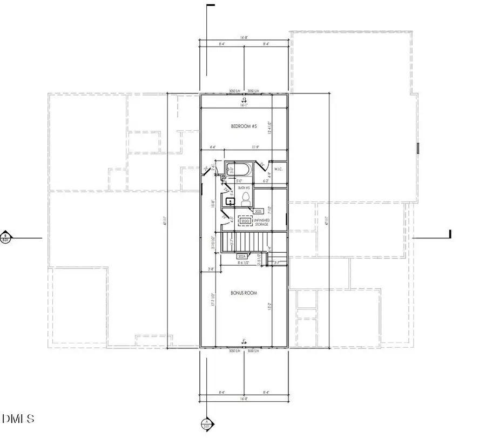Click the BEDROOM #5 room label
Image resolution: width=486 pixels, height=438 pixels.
pyautogui.click(x=244, y=126)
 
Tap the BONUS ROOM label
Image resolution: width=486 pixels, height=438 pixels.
pyautogui.click(x=244, y=293)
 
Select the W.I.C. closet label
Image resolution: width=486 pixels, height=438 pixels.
pyautogui.click(x=278, y=170)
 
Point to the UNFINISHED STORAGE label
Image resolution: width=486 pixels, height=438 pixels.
pyautogui.click(x=261, y=222)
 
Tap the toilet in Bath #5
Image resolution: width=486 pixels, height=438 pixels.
pyautogui.click(x=246, y=198)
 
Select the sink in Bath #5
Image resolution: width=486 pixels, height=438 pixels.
pyautogui.click(x=230, y=201)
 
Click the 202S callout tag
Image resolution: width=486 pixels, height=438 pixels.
pyautogui.click(x=258, y=211)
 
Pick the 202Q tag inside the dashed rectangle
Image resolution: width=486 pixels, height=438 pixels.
pyautogui.click(x=245, y=221)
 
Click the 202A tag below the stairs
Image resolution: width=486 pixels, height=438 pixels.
pyautogui.click(x=241, y=256)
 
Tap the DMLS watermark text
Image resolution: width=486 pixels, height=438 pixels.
pyautogui.click(x=19, y=419)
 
